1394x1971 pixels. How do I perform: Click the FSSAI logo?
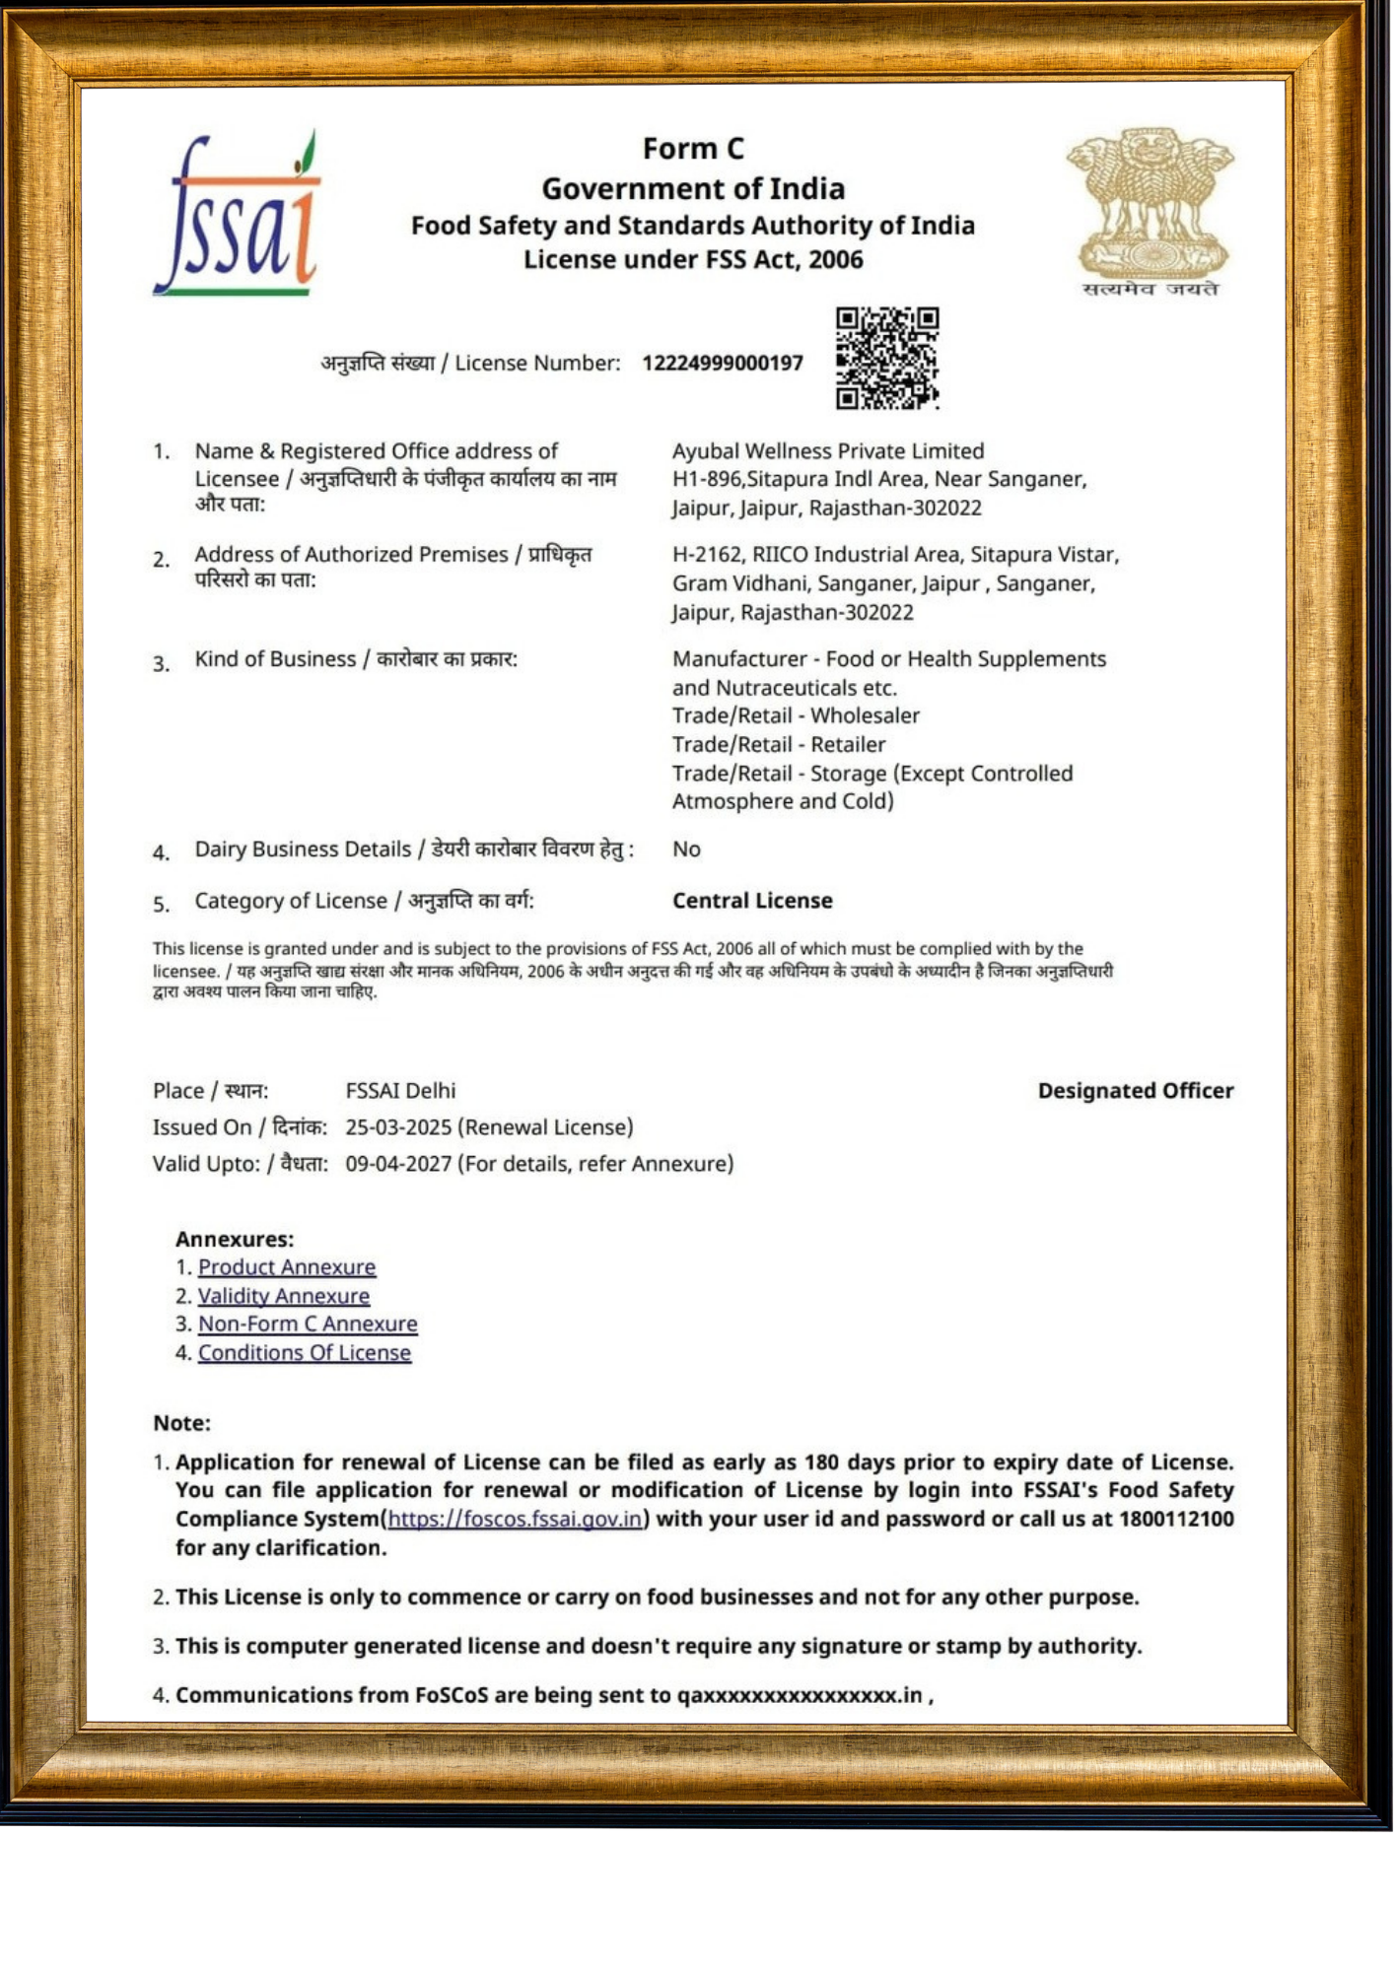[237, 215]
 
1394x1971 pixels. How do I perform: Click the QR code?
[886, 358]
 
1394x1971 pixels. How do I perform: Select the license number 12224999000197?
[723, 364]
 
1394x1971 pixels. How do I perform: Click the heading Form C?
[693, 149]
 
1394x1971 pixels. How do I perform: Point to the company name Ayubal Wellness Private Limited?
[828, 451]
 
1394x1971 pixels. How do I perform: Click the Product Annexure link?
[287, 1267]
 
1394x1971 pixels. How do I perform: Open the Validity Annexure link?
[284, 1296]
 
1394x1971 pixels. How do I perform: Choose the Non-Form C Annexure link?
[308, 1324]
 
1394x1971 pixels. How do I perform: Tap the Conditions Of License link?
[305, 1353]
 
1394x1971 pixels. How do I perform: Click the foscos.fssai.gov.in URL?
[515, 1519]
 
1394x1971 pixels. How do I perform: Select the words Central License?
[752, 901]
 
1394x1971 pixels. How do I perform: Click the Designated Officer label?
[1135, 1091]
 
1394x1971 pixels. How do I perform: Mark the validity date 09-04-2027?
[398, 1164]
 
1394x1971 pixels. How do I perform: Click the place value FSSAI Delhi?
[400, 1091]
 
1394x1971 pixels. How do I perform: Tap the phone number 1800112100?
[1176, 1519]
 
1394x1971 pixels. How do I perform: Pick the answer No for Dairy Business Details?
[686, 850]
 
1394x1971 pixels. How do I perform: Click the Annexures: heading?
[235, 1240]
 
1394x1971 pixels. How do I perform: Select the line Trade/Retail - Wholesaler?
[796, 715]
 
